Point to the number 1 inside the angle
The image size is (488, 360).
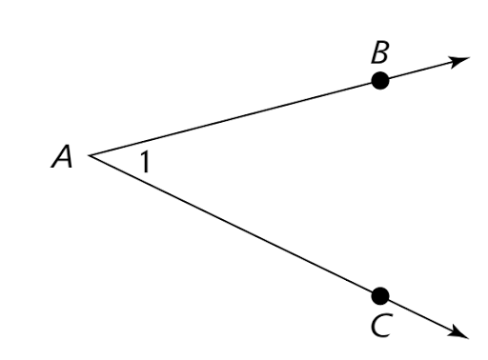tap(143, 163)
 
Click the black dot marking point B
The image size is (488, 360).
tap(380, 82)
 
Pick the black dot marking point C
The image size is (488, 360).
tap(380, 294)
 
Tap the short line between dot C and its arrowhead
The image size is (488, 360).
tap(419, 312)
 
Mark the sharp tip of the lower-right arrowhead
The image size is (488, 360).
tap(470, 335)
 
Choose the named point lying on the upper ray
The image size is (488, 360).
tap(380, 82)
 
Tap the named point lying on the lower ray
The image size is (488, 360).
tap(380, 294)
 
